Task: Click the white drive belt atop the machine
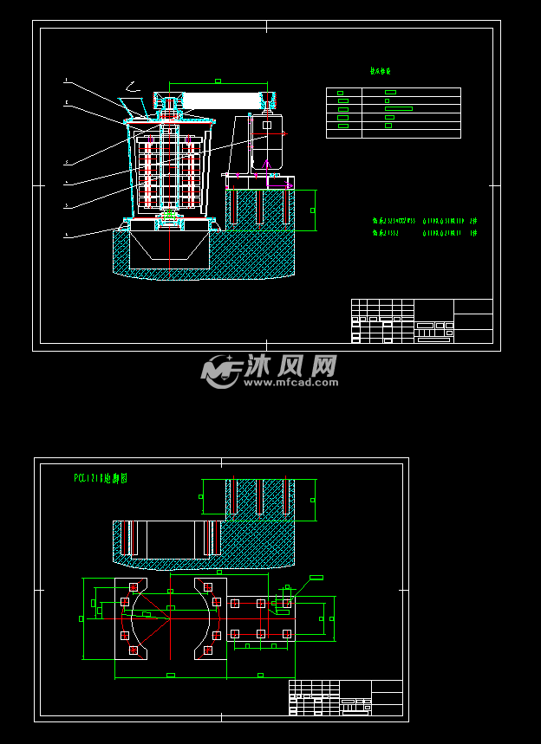(x=224, y=100)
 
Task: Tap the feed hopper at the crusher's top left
(x=133, y=108)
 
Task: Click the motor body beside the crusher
(x=265, y=139)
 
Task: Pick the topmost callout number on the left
(x=66, y=81)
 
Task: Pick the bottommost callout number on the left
(x=66, y=234)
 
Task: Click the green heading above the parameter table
(x=381, y=72)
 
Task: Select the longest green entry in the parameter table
(x=398, y=108)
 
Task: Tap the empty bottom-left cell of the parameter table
(x=343, y=134)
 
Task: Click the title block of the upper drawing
(x=421, y=320)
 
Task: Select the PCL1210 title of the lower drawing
(x=101, y=477)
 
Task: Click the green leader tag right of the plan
(x=316, y=577)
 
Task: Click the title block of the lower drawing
(x=345, y=697)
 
